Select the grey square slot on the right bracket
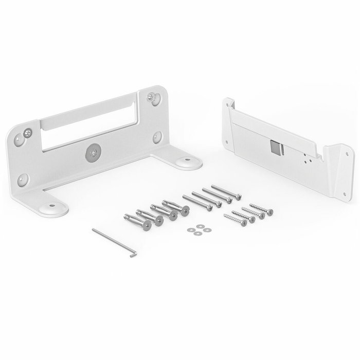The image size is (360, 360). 276,148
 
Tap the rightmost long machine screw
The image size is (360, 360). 224,192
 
